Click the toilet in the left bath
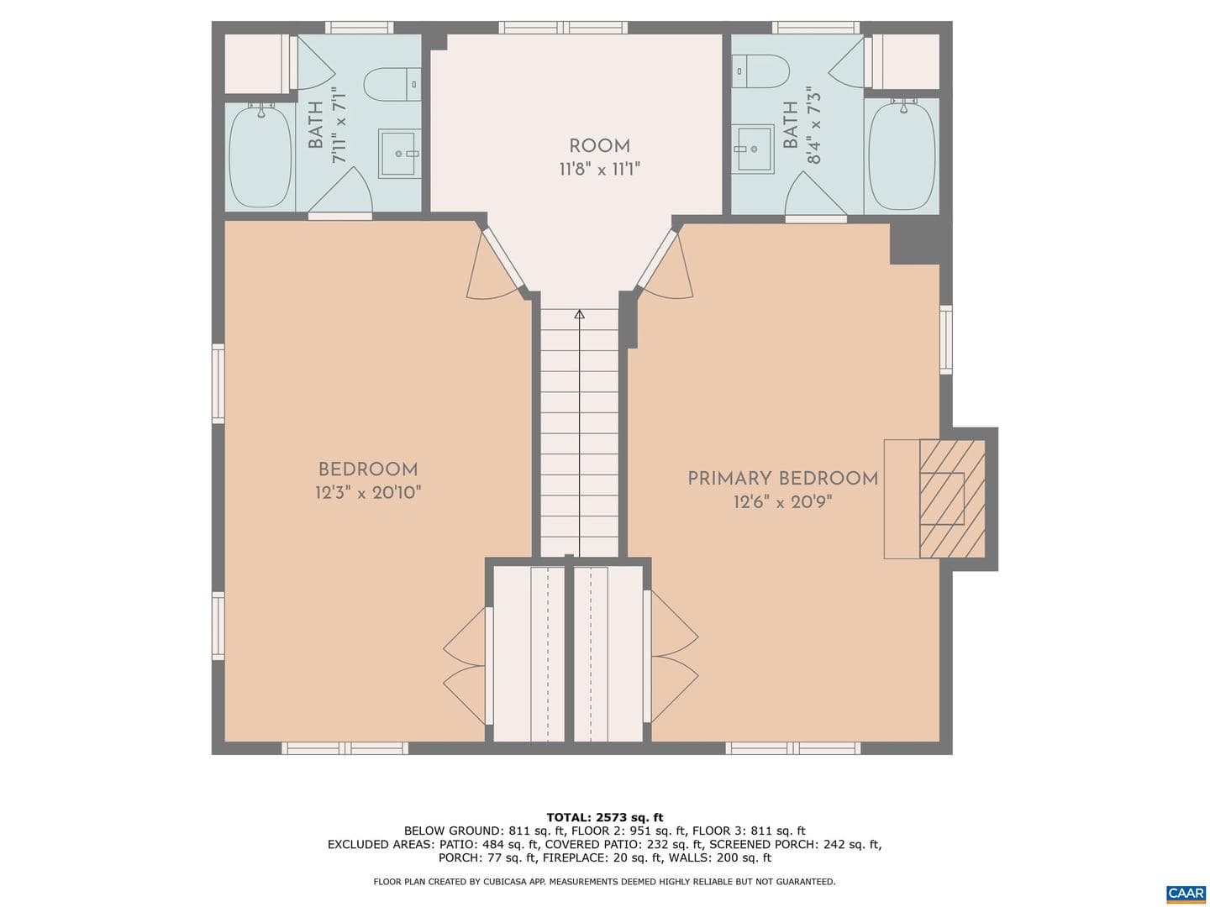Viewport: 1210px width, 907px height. click(x=392, y=84)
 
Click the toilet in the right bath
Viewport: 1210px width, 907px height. click(x=760, y=71)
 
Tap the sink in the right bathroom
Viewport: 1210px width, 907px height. click(x=752, y=148)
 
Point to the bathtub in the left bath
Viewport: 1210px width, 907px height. click(x=260, y=156)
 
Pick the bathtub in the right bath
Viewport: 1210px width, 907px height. click(x=902, y=156)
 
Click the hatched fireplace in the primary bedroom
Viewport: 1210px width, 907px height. click(x=951, y=499)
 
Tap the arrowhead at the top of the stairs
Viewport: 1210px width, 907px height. click(x=579, y=314)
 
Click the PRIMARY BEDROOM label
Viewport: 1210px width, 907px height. click(x=782, y=479)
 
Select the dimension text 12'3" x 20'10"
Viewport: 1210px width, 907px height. click(x=368, y=492)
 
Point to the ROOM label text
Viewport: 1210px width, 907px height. click(x=599, y=146)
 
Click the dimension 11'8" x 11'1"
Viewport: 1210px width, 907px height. click(x=599, y=169)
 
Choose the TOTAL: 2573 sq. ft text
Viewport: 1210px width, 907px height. click(x=605, y=817)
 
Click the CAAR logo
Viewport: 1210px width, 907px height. click(x=1185, y=892)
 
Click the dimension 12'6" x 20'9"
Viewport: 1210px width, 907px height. click(x=782, y=502)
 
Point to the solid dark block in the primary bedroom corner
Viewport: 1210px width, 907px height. click(x=915, y=241)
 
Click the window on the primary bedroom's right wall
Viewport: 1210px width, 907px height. click(x=946, y=340)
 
